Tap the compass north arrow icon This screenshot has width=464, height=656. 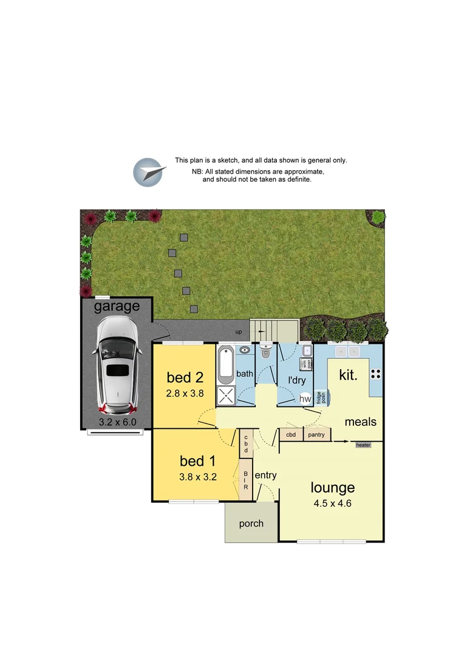(x=149, y=172)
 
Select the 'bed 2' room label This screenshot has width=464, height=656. (x=185, y=377)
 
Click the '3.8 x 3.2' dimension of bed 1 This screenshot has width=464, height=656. (x=198, y=477)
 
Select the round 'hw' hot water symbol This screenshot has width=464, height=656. (x=305, y=399)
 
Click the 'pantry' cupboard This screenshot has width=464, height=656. (x=316, y=435)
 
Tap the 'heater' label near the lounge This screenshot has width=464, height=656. (x=363, y=445)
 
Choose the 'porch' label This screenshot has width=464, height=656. (x=251, y=523)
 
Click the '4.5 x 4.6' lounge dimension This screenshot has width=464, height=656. (x=332, y=503)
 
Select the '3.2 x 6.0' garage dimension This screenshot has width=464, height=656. (x=117, y=421)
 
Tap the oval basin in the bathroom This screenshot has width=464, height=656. (x=245, y=350)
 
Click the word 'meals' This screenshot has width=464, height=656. (x=361, y=422)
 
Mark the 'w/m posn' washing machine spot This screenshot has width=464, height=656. (x=308, y=364)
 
